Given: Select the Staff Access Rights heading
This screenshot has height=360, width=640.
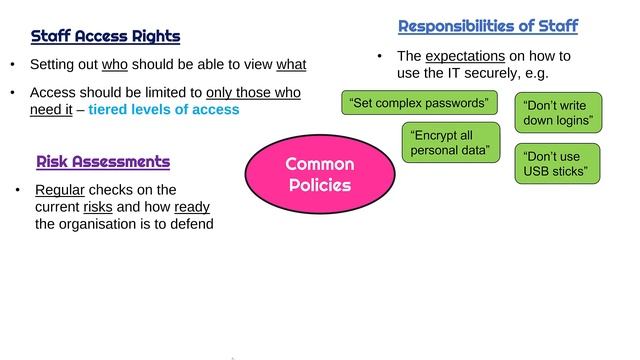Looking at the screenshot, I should coord(105,37).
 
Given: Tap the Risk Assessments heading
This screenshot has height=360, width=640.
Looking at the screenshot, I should coord(103,161).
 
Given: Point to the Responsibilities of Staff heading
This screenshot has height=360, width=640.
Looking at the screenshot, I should coord(488,26).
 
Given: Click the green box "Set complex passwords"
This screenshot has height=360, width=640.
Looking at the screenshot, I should coord(419,103).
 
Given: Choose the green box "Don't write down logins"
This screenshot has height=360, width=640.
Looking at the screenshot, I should coord(558,112).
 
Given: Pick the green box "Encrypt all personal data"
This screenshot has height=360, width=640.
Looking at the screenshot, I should coord(450,142).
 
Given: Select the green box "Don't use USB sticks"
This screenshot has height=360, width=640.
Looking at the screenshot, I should coord(558,164).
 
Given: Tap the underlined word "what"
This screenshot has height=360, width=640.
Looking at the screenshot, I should coord(290,66).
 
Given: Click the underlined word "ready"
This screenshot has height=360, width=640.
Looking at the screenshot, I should coord(191,207).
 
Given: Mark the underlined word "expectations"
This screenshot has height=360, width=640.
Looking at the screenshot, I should coord(463,57).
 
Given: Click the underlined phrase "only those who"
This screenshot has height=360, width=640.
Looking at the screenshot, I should coord(254,93).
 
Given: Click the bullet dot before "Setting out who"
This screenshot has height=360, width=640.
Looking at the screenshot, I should coord(13,66).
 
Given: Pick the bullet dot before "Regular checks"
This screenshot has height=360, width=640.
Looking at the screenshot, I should coord(18,190).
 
